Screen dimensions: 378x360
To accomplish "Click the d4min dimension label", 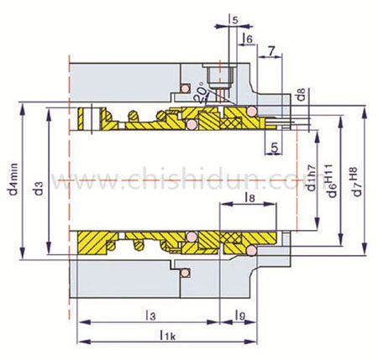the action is pyautogui.click(x=13, y=179).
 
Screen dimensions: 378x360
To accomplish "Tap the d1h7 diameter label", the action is pyautogui.click(x=312, y=178).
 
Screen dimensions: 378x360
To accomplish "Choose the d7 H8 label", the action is pyautogui.click(x=355, y=181).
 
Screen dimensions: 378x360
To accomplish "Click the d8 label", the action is pyautogui.click(x=302, y=95).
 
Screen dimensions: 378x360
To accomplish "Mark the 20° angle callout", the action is pyautogui.click(x=201, y=93).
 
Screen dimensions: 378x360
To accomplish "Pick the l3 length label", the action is pyautogui.click(x=150, y=316).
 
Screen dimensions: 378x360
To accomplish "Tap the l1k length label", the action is pyautogui.click(x=168, y=335).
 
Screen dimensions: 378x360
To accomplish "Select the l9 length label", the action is pyautogui.click(x=240, y=316).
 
